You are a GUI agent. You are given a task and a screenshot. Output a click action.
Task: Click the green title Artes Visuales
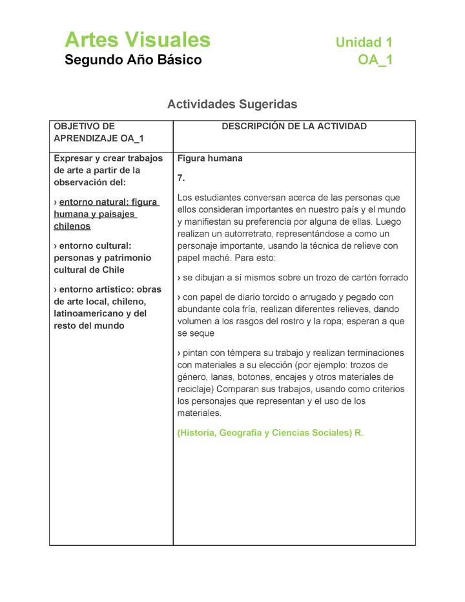[138, 40]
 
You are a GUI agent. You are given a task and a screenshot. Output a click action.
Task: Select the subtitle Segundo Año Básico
[133, 60]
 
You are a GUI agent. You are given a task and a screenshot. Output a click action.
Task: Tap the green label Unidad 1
[364, 43]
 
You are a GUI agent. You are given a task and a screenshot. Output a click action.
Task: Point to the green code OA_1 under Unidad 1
[375, 60]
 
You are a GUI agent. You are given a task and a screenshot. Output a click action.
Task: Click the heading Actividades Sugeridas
[232, 104]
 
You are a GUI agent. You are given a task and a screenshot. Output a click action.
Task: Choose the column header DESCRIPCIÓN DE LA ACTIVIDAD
[294, 127]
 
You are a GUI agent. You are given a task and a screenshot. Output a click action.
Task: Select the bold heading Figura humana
[210, 158]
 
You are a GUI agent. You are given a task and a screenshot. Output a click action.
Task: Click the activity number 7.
[181, 178]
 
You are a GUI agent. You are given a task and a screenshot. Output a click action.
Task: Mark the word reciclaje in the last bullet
[195, 389]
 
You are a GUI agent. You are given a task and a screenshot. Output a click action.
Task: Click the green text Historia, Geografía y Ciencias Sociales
[265, 433]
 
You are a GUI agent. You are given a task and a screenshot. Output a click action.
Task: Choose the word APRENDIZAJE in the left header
[82, 138]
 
